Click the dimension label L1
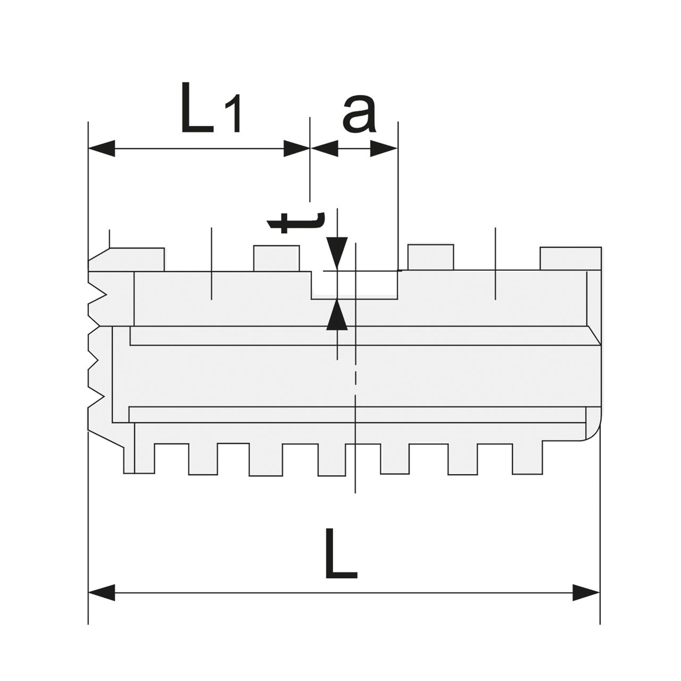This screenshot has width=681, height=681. (211, 108)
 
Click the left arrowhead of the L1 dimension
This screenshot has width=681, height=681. (102, 148)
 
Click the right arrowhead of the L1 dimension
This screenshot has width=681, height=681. (297, 148)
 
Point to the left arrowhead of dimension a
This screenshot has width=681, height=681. (324, 148)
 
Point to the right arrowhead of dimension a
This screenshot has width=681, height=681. (384, 148)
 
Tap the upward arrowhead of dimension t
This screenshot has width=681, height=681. (337, 314)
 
